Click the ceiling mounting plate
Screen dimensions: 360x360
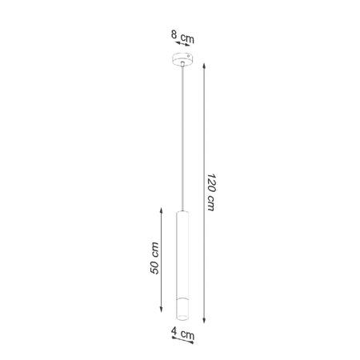click(x=183, y=61)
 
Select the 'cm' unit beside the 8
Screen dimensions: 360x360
click(x=187, y=38)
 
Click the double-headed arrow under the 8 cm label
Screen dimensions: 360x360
click(x=182, y=45)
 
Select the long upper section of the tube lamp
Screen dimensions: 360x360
click(x=182, y=256)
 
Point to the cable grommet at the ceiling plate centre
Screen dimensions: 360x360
click(x=183, y=62)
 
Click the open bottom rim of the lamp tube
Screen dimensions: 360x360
click(x=182, y=327)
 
